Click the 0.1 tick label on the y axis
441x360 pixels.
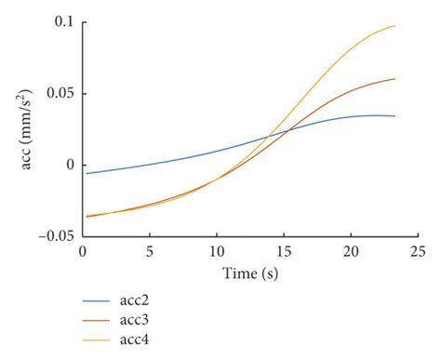(60, 22)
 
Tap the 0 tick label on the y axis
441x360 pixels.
(68, 165)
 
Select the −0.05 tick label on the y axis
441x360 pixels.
(51, 236)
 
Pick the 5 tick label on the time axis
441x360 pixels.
(149, 252)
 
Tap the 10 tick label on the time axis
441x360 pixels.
(216, 252)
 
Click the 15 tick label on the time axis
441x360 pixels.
(283, 252)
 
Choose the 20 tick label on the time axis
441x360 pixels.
(350, 252)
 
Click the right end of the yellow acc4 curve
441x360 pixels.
(394, 26)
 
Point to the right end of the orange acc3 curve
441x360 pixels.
(394, 79)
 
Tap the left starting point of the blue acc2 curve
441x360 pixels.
(87, 173)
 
